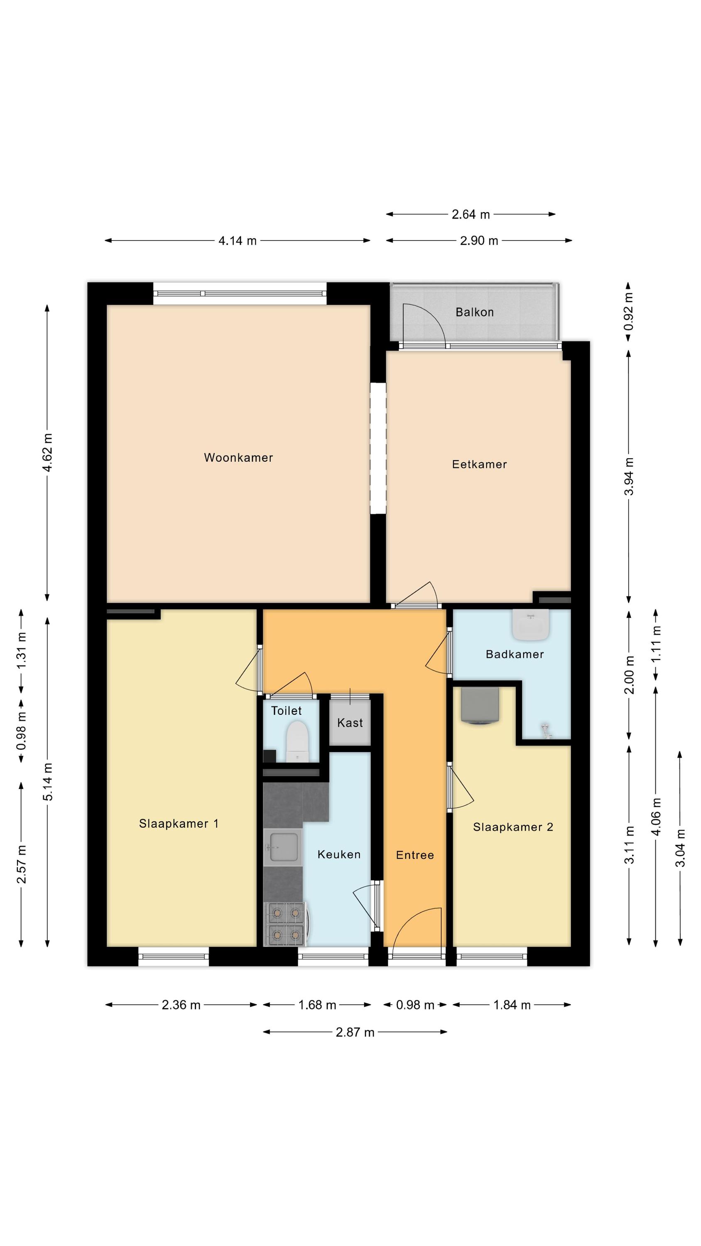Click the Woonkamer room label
(x=238, y=458)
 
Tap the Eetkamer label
(x=479, y=464)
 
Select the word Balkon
(x=474, y=312)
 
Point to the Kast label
(x=350, y=723)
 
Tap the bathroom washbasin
(x=531, y=624)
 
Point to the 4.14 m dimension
(x=238, y=240)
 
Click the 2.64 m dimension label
(x=471, y=214)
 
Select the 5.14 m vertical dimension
(x=47, y=782)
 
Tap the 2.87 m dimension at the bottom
(x=355, y=1032)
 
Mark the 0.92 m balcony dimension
(x=628, y=311)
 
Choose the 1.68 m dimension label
(x=317, y=1005)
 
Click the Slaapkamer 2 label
(x=513, y=827)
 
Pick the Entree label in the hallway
(x=414, y=855)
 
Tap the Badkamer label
(x=515, y=655)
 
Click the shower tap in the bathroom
(x=546, y=731)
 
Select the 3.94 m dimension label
(x=628, y=476)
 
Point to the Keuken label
(x=338, y=855)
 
